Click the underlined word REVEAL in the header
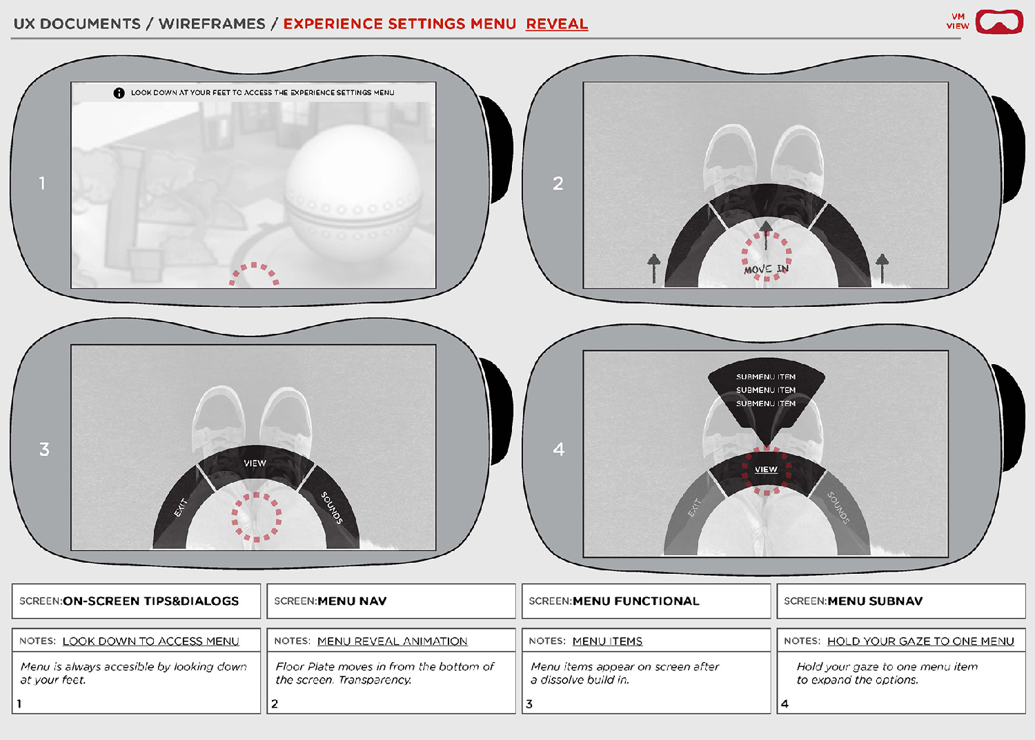pyautogui.click(x=557, y=23)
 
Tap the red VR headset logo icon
pyautogui.click(x=999, y=21)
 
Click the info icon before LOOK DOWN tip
pyautogui.click(x=119, y=92)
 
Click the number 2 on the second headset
pyautogui.click(x=558, y=183)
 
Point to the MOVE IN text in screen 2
pyautogui.click(x=766, y=269)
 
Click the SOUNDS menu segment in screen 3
pyautogui.click(x=332, y=508)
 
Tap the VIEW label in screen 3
pyautogui.click(x=255, y=463)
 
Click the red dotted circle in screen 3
pyautogui.click(x=256, y=517)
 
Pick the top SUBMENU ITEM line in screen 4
pyautogui.click(x=766, y=377)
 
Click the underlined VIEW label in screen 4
pyautogui.click(x=766, y=470)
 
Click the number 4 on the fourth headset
pyautogui.click(x=559, y=450)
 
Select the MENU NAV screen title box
pyautogui.click(x=391, y=601)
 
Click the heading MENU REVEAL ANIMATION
pyautogui.click(x=392, y=641)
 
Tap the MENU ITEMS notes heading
pyautogui.click(x=607, y=641)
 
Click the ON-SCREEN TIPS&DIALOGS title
pyautogui.click(x=150, y=601)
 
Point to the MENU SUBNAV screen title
pyautogui.click(x=874, y=601)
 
